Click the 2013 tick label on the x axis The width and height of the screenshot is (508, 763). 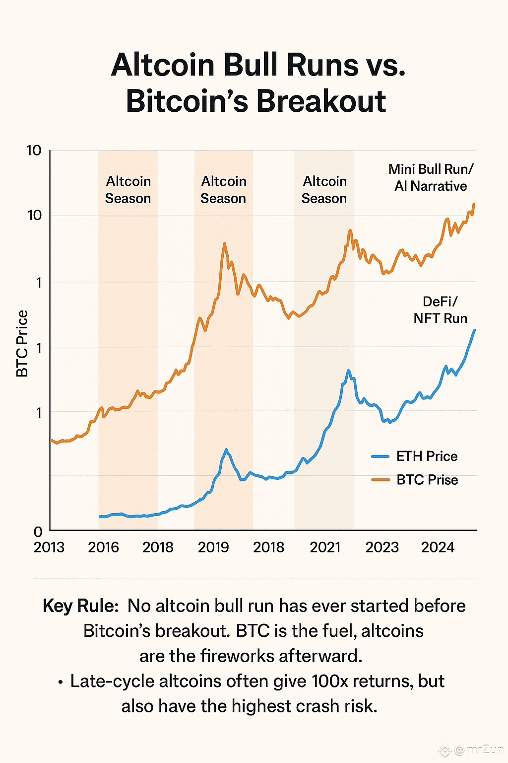click(x=49, y=547)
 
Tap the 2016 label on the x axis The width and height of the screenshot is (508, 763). click(x=104, y=547)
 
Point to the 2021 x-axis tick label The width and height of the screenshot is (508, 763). click(x=325, y=547)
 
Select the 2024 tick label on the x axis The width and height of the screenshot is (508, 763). click(x=438, y=547)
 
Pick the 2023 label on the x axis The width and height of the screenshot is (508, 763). click(x=382, y=547)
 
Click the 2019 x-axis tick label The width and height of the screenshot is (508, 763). click(x=213, y=547)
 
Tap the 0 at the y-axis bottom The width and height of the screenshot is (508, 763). click(x=38, y=532)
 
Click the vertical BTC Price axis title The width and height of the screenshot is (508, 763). click(x=22, y=344)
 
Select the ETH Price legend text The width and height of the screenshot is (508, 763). click(x=427, y=456)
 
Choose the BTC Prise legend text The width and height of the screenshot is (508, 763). click(x=427, y=480)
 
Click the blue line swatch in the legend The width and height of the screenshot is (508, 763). click(x=381, y=456)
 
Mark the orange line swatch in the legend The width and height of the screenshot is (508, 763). click(x=381, y=479)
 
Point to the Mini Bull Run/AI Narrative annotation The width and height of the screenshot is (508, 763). click(x=431, y=177)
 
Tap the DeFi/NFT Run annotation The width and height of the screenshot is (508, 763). click(x=441, y=310)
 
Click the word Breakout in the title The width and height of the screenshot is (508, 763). click(x=321, y=101)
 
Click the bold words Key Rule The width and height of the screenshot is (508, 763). click(x=80, y=606)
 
